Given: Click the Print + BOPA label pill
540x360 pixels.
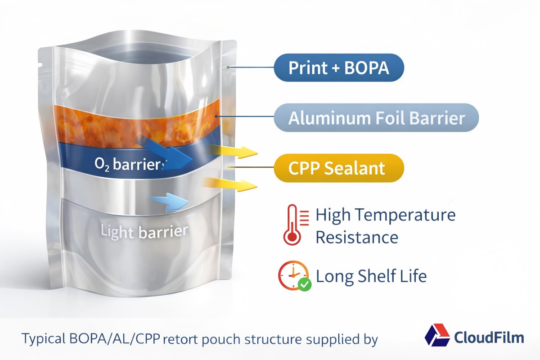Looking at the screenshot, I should point(339,67).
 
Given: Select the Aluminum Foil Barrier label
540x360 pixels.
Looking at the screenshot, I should point(376,118).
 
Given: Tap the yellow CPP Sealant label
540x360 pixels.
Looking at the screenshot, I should point(339,168).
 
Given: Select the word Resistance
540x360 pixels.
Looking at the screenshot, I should point(357,237).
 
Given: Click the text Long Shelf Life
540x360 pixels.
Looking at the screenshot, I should point(371,275).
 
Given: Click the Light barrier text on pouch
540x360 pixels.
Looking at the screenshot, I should point(144,232).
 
